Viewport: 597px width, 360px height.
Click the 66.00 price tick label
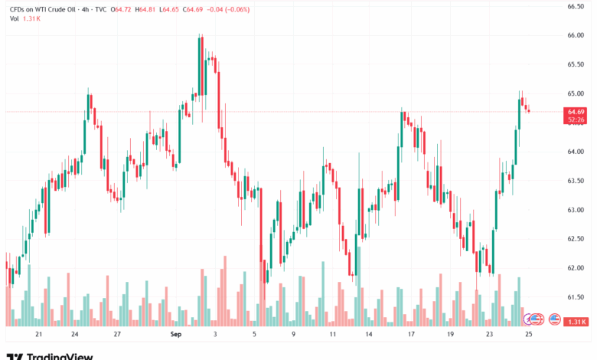point(576,35)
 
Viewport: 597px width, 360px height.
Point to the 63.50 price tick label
point(576,181)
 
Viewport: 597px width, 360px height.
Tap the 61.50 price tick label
point(576,297)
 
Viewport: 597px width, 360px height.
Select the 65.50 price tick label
point(576,64)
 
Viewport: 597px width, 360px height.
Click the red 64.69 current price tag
point(576,112)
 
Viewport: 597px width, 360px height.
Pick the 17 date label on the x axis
point(410,335)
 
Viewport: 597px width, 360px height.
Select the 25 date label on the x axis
point(528,335)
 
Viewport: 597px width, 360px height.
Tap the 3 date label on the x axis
point(215,335)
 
